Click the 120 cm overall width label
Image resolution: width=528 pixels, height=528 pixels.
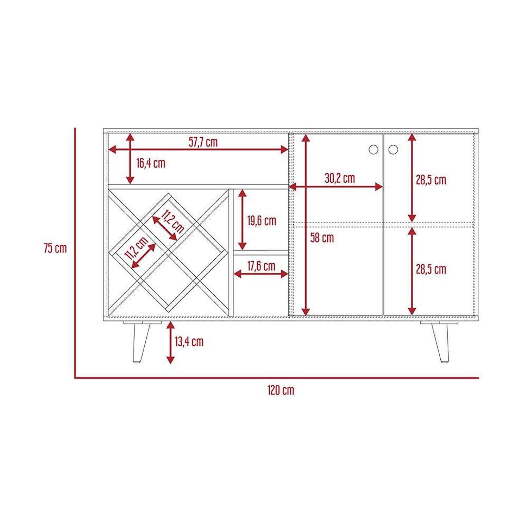281,390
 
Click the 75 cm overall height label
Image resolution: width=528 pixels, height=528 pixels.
55,248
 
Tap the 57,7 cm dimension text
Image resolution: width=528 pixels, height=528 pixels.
203,142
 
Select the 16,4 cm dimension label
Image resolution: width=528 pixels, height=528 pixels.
151,163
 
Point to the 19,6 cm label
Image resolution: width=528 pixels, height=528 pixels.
262,221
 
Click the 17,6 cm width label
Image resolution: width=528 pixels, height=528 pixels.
261,266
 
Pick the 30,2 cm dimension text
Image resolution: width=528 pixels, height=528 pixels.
340,178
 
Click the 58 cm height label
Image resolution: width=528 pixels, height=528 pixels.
322,238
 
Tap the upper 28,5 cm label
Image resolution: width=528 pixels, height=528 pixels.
431,180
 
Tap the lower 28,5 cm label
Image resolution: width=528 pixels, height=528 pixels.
431,270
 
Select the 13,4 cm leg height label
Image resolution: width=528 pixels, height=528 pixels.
189,341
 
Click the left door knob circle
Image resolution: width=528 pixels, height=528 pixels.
373,149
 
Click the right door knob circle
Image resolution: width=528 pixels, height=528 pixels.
393,149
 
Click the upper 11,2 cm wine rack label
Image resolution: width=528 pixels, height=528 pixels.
172,221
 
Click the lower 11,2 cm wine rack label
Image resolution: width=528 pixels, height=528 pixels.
136,249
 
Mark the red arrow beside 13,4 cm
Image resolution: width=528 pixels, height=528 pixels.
170,342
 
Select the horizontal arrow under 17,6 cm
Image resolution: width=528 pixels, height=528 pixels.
261,274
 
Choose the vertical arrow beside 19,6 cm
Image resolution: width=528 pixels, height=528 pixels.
243,220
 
